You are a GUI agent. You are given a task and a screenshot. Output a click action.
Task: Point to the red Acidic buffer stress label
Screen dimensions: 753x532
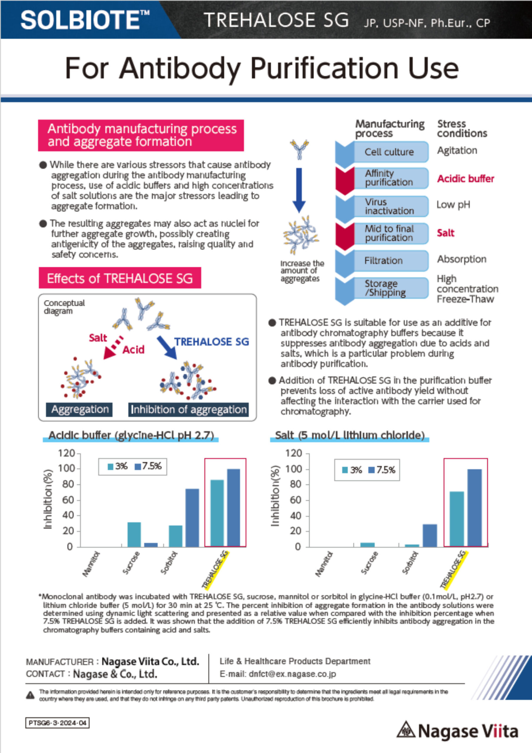466,179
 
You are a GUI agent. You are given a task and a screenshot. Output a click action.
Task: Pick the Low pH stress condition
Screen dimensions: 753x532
453,205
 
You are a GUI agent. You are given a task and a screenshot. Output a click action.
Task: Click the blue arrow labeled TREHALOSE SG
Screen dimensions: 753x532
167,347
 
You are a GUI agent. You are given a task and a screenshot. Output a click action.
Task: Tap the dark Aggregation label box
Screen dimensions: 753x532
79,410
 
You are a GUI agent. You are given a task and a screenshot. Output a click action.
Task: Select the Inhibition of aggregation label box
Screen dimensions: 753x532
188,410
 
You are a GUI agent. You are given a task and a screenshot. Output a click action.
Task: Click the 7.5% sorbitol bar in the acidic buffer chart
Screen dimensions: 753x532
192,517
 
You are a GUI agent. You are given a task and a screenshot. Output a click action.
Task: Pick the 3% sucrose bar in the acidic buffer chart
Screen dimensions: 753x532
134,534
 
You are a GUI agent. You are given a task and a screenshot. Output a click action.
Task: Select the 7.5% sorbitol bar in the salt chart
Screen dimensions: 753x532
430,535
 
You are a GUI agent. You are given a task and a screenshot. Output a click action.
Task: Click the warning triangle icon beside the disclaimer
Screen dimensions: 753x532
30,695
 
